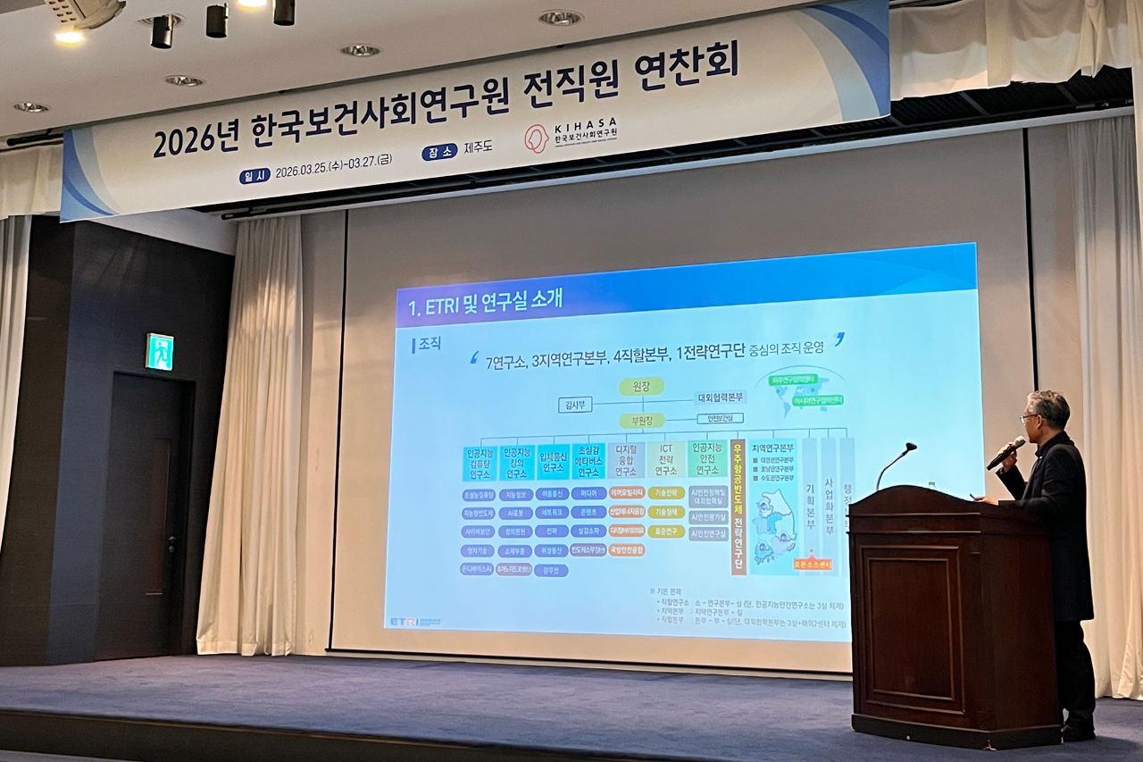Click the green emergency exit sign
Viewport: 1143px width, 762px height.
(x=160, y=351)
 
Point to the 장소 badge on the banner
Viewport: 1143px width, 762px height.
(x=439, y=152)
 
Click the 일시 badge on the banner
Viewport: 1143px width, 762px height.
(x=254, y=176)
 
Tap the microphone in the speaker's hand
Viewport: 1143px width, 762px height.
(x=1006, y=452)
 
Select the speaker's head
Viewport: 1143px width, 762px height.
(x=1047, y=414)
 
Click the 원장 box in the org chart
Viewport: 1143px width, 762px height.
(x=642, y=386)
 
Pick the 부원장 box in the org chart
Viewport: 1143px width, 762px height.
(x=641, y=420)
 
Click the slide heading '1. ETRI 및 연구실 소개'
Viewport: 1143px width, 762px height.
(x=487, y=304)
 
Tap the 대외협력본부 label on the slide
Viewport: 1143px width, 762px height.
(x=722, y=398)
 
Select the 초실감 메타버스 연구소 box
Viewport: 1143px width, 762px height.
(x=588, y=461)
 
